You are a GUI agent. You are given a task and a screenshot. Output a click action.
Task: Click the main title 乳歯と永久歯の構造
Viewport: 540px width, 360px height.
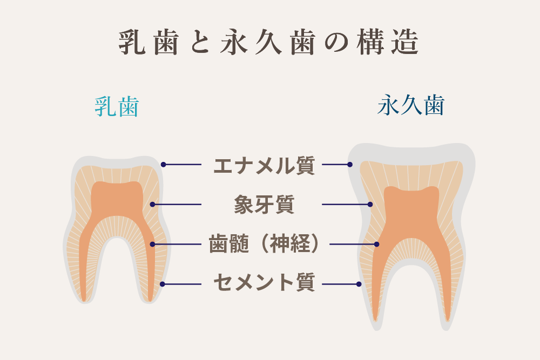(268, 42)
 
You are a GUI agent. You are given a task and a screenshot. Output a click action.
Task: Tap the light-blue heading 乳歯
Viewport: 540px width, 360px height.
(117, 106)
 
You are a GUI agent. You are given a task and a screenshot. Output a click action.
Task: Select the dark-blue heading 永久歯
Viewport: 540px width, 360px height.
(411, 105)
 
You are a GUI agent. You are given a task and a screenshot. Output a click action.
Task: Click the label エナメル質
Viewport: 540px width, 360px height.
(264, 165)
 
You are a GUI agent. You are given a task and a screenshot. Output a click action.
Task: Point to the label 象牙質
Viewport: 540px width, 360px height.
(264, 205)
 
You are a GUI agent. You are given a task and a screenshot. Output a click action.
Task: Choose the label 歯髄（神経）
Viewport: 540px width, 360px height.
(264, 244)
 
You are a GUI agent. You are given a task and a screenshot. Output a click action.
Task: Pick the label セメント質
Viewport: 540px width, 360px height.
(264, 283)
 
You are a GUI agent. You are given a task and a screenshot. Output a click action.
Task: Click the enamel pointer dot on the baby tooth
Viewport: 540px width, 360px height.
(163, 165)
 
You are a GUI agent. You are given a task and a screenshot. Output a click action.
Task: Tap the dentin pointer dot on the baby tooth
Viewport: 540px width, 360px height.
(153, 205)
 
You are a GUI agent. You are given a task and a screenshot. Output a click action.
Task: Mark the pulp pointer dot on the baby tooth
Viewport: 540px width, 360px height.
(153, 244)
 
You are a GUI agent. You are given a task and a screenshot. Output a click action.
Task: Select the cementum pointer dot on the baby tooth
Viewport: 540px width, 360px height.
(162, 284)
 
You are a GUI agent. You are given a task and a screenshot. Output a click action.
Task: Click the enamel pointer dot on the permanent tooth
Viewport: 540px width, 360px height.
(350, 165)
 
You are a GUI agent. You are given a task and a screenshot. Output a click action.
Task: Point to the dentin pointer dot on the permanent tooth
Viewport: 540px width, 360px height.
(370, 205)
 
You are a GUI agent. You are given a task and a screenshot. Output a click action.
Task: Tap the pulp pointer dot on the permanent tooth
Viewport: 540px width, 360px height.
(376, 244)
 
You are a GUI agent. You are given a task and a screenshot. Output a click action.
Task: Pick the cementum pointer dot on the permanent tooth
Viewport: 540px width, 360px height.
(359, 284)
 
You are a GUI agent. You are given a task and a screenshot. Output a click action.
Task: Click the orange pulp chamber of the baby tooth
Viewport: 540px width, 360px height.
(117, 203)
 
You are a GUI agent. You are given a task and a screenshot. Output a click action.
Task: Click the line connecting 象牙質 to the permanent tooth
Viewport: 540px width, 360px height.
(346, 205)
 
